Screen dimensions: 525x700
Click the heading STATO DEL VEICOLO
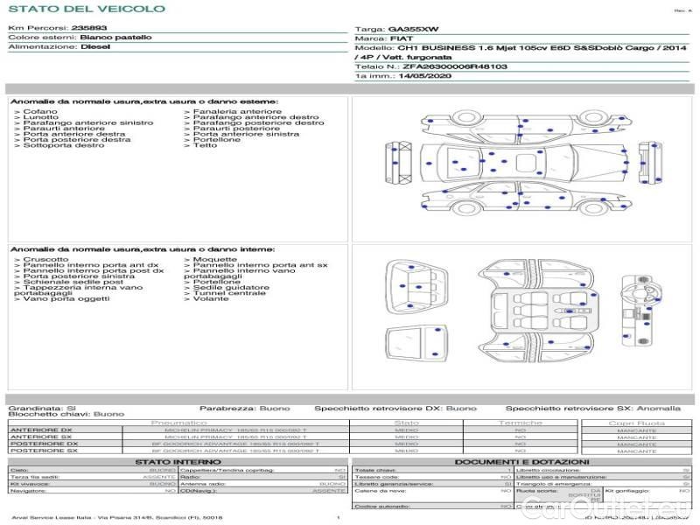(x=86, y=9)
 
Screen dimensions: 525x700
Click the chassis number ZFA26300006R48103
(x=455, y=66)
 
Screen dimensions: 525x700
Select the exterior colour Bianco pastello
(x=115, y=38)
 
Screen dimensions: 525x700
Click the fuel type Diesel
(x=94, y=47)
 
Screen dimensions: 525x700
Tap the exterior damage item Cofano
(x=40, y=112)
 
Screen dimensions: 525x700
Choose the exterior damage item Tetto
(x=205, y=145)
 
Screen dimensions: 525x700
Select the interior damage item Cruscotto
(x=46, y=259)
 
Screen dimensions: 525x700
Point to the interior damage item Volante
(x=211, y=298)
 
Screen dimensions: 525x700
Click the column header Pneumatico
(x=178, y=423)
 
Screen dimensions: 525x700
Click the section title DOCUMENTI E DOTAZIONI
(x=521, y=461)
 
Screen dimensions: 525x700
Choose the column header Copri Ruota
(x=636, y=423)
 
